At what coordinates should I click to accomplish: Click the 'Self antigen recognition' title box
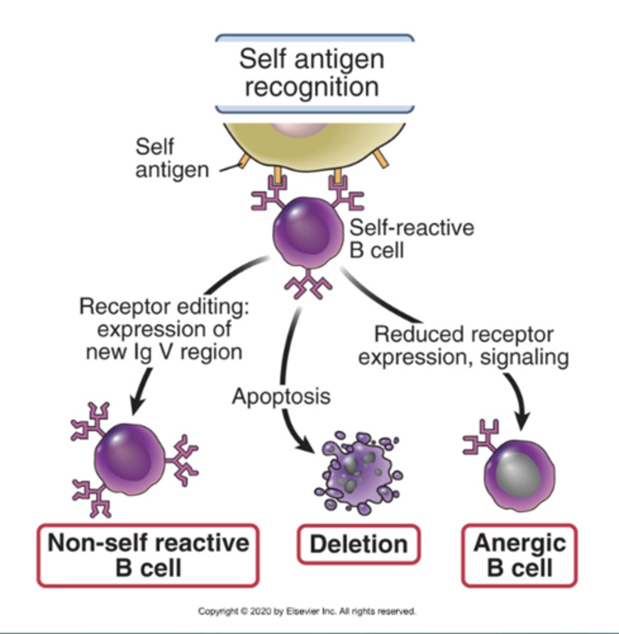click(314, 74)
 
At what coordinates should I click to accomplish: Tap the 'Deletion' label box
click(358, 545)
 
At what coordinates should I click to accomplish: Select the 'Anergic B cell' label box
click(519, 555)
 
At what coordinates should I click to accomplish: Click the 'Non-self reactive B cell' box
click(148, 555)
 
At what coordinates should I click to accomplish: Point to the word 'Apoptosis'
click(281, 396)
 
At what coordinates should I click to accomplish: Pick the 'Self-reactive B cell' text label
click(412, 238)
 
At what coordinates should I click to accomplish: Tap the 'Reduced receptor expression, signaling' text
click(463, 346)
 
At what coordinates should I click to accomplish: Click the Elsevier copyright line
click(307, 611)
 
